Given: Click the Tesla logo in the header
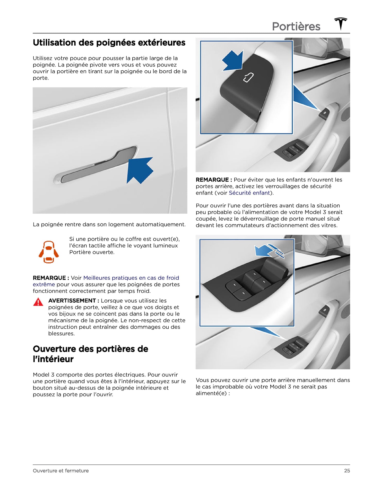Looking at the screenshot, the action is tap(341, 24).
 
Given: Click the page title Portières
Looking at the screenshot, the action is tap(296, 26).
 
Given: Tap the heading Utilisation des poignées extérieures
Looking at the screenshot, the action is tap(109, 43).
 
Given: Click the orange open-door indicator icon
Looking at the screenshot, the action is tap(49, 252).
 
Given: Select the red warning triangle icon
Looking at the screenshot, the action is tap(38, 302).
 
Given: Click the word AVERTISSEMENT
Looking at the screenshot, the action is tap(72, 301).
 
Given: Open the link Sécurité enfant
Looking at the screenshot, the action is tap(249, 193).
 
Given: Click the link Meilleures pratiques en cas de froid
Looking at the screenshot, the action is tap(131, 278).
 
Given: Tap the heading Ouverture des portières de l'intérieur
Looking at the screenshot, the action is tap(91, 354).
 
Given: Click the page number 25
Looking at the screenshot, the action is tap(347, 471).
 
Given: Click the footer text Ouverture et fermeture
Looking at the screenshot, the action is tap(61, 471).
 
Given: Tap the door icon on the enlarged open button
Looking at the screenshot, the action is tap(248, 78).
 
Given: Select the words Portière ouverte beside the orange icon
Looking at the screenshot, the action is tap(92, 252).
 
